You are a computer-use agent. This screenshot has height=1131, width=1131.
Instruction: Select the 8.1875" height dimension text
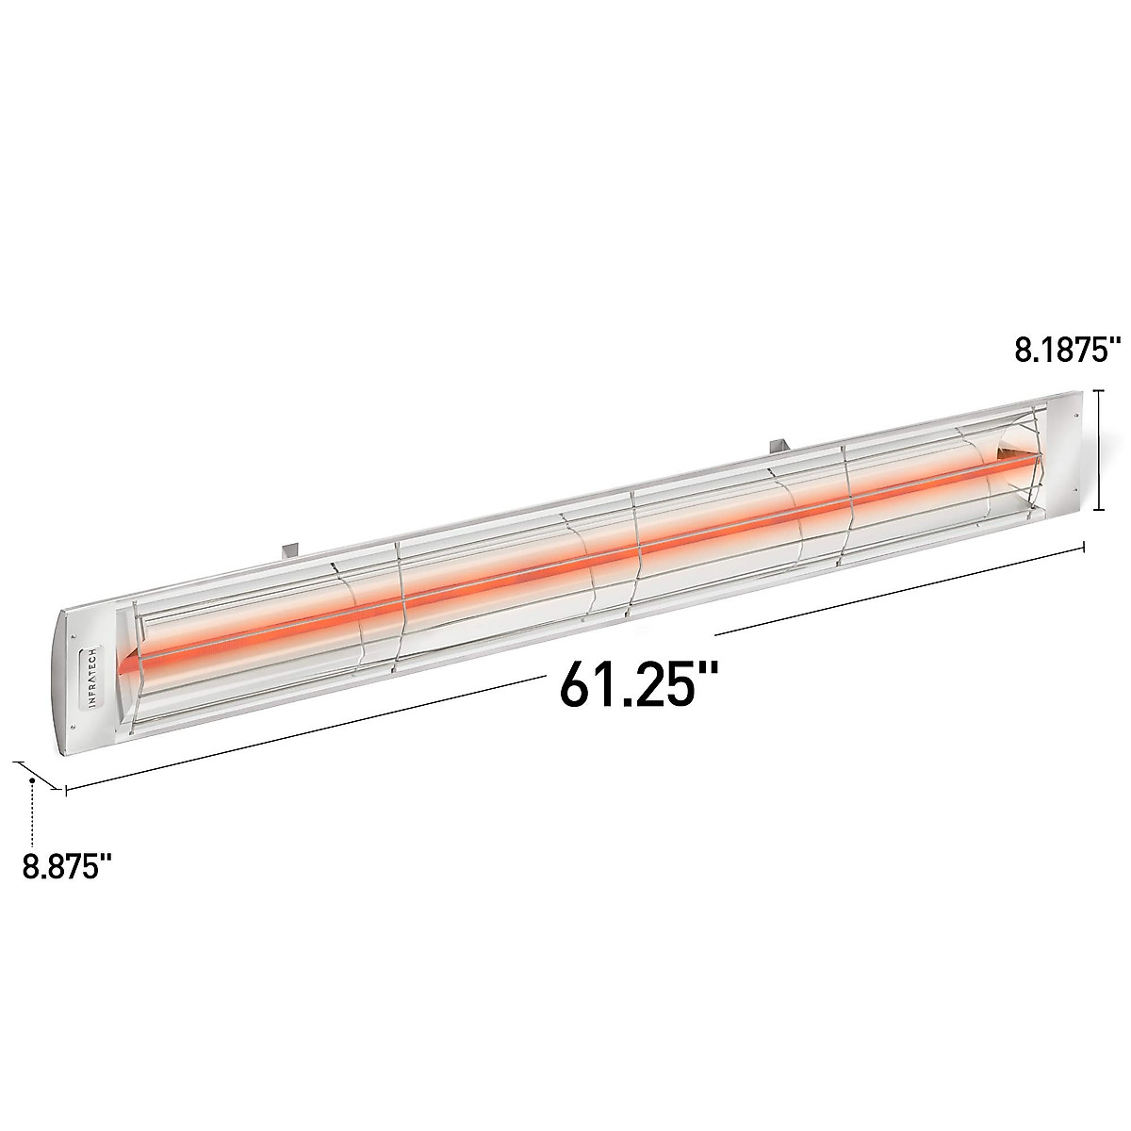pyautogui.click(x=1065, y=351)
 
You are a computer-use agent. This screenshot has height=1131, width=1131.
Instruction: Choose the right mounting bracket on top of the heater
pyautogui.click(x=780, y=441)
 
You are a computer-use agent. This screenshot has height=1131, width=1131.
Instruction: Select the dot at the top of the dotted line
pyautogui.click(x=32, y=780)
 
